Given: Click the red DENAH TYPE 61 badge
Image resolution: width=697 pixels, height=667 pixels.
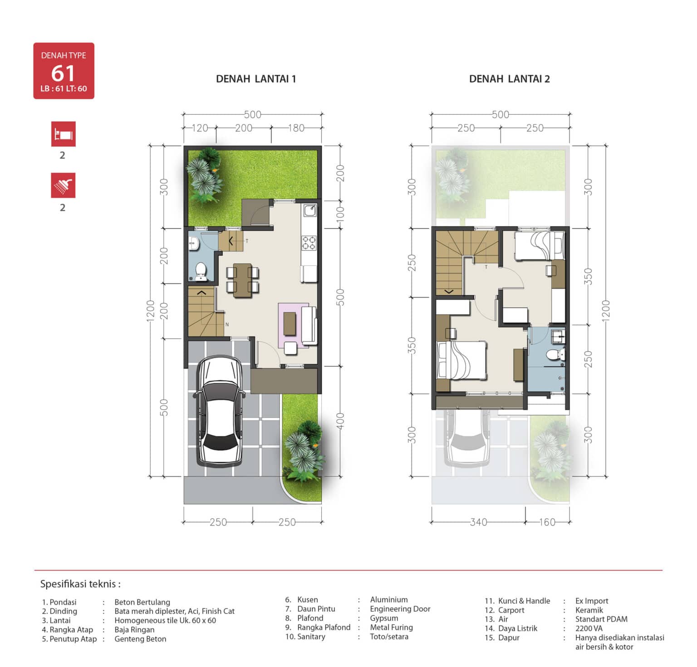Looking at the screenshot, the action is [64, 71].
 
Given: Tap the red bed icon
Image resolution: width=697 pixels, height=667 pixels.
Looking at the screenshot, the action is [63, 134].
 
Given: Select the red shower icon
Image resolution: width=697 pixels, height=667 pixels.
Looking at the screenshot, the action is [63, 185].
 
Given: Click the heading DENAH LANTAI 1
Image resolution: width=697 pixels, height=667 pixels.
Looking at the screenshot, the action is [256, 79].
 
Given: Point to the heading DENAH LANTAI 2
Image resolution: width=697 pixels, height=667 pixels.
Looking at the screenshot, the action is [509, 79].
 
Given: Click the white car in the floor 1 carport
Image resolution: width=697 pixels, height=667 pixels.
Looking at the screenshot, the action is [221, 411].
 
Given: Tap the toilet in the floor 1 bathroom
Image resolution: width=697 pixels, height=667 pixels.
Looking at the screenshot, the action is [201, 271].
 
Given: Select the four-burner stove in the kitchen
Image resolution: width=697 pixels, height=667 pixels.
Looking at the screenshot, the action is [309, 242].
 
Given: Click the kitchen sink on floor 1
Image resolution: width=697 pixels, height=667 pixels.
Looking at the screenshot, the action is [310, 210].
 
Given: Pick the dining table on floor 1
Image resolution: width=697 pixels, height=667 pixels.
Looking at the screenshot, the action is [242, 280].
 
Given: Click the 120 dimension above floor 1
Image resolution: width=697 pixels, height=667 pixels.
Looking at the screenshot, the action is [200, 128].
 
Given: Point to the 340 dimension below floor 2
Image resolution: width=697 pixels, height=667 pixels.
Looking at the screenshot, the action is [478, 522].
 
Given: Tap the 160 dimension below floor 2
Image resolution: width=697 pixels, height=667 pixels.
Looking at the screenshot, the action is [547, 522].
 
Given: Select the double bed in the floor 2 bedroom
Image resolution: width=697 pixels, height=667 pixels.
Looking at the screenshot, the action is [461, 360].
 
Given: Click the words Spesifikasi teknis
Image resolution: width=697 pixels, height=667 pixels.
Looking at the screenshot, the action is [80, 584].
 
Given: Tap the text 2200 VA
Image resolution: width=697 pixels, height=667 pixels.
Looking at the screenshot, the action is [589, 628].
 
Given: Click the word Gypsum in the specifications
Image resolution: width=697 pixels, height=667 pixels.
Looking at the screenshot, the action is [384, 618].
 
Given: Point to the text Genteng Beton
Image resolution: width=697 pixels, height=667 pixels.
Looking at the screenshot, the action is [140, 639].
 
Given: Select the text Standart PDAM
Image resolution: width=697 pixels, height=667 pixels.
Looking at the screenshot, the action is [601, 619].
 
